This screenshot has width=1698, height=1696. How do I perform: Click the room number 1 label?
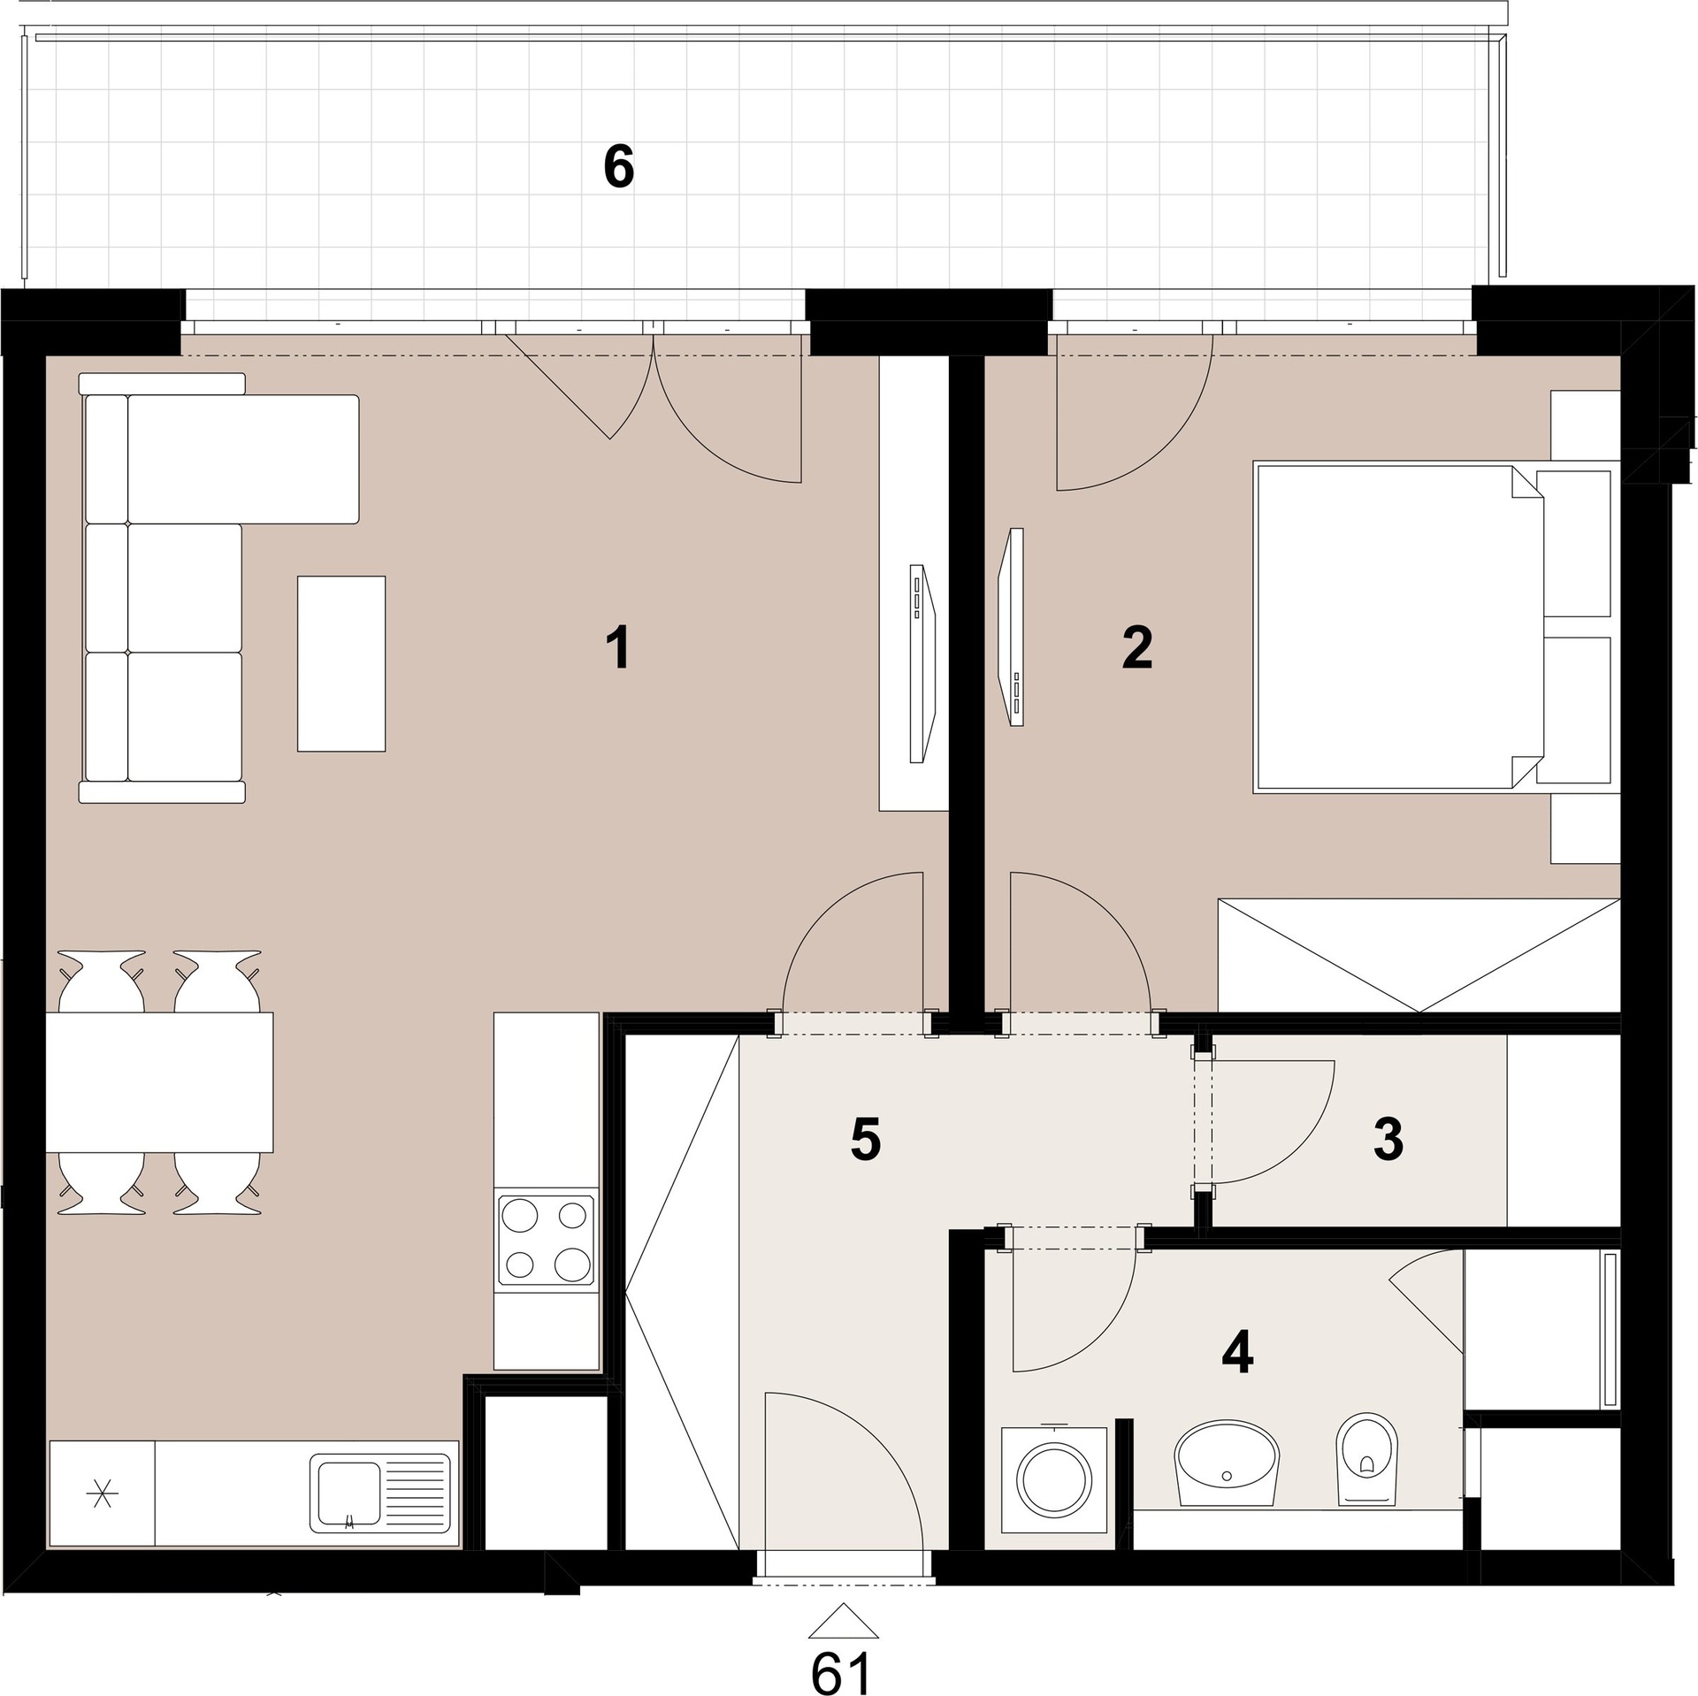tap(619, 647)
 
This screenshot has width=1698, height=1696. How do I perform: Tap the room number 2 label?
tap(1136, 647)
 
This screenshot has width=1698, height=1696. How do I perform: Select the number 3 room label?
tap(1388, 1139)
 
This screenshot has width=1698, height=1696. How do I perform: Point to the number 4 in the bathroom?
tap(1237, 1352)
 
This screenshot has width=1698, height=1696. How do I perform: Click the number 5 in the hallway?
tap(866, 1140)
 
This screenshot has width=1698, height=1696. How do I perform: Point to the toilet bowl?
tap(1365, 1471)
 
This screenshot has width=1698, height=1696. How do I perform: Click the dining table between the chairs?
tap(159, 1081)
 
